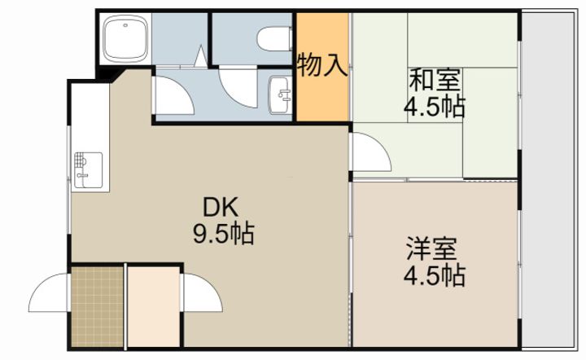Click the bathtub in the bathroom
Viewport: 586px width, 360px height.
(125, 39)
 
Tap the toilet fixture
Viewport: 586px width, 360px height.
(275, 38)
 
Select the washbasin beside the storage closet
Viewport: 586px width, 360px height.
(279, 95)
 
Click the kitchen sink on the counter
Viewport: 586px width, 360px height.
(88, 170)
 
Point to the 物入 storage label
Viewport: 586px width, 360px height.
(322, 65)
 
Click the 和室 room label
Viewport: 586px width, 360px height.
(435, 80)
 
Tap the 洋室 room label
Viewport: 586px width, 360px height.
(431, 248)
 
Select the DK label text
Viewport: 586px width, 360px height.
(221, 208)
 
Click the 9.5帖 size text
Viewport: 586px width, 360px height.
(224, 234)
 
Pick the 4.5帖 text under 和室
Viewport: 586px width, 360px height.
(435, 107)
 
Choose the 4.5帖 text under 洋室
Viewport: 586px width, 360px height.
(435, 275)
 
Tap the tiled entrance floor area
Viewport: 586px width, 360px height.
(97, 306)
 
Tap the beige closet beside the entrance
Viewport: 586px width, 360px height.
(154, 306)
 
